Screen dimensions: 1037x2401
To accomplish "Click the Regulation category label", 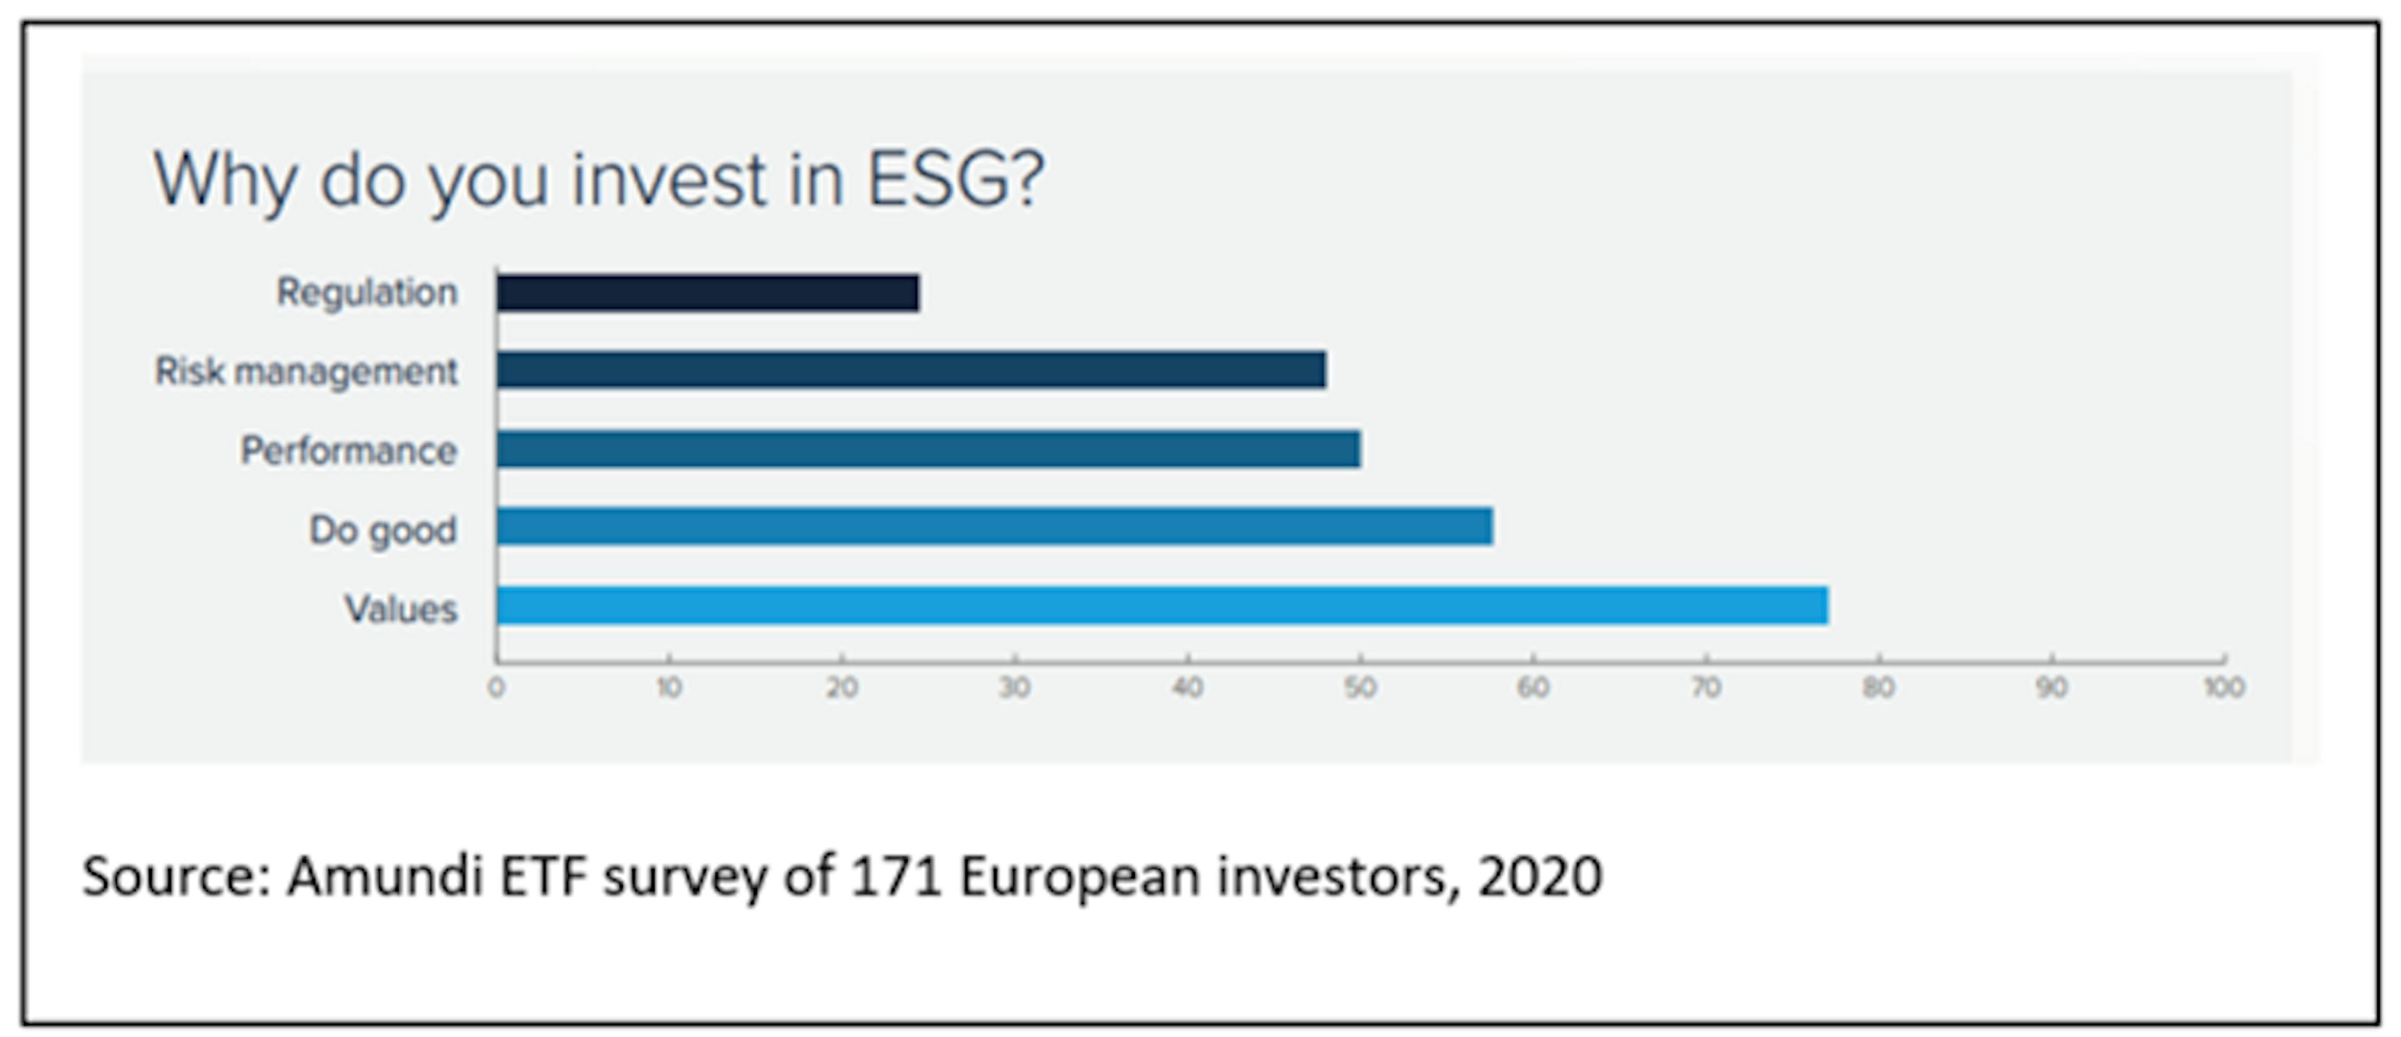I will pyautogui.click(x=367, y=293).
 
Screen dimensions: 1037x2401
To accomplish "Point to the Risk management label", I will pyautogui.click(x=306, y=371).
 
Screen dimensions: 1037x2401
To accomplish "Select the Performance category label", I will pyautogui.click(x=350, y=451).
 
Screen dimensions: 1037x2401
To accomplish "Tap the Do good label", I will pyautogui.click(x=383, y=530).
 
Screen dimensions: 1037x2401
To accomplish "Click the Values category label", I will pyautogui.click(x=401, y=609).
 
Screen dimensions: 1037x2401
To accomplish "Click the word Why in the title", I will pyautogui.click(x=224, y=181).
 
